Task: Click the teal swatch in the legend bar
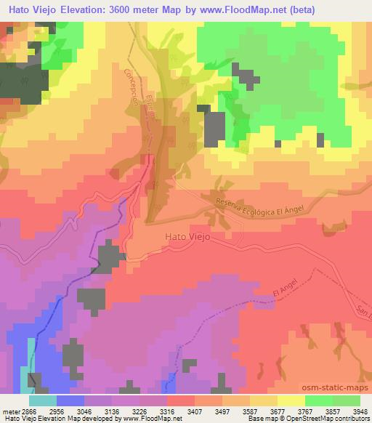tap(42, 400)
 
